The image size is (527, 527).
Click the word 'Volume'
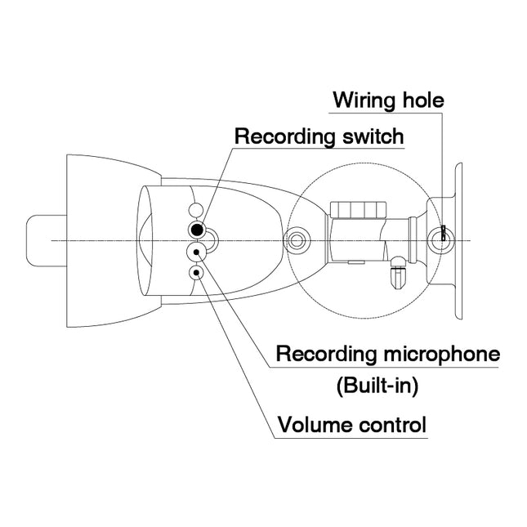[314, 425]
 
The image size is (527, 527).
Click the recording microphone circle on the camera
[196, 252]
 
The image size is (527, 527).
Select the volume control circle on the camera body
[196, 272]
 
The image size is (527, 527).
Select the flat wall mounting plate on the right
[458, 240]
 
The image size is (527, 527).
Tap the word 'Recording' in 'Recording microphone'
[324, 355]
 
